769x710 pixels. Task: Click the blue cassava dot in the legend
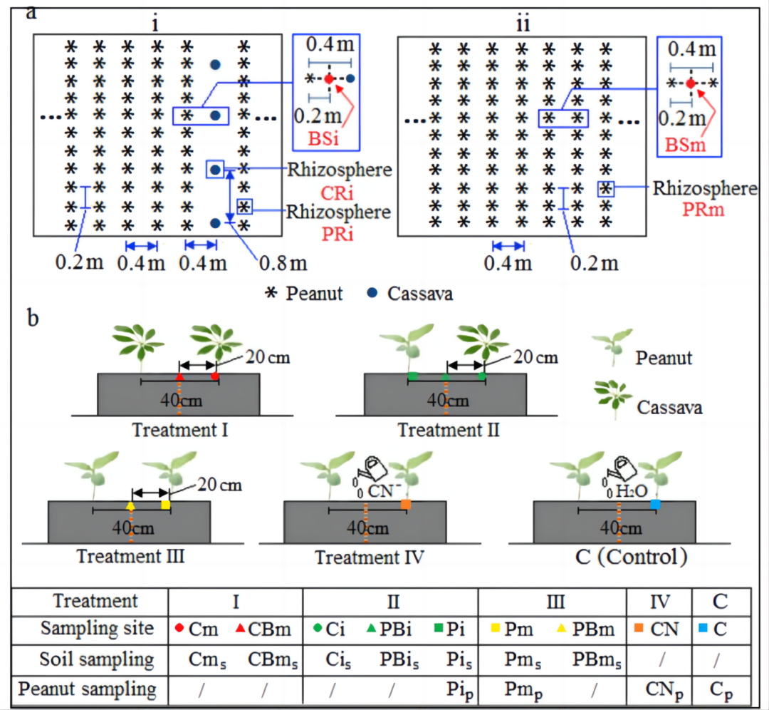(x=372, y=293)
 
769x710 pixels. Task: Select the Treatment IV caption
(x=370, y=557)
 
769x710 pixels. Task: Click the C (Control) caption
(x=622, y=557)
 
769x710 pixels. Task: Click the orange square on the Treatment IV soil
(x=406, y=505)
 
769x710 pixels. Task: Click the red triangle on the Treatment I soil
(x=180, y=376)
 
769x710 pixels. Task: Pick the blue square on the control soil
(x=656, y=504)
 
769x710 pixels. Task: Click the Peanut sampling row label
(x=88, y=689)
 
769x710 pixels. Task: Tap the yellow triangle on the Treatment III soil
(x=130, y=505)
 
